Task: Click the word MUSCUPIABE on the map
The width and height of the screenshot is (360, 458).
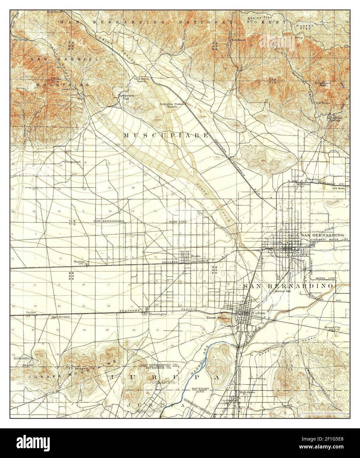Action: click(x=166, y=135)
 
